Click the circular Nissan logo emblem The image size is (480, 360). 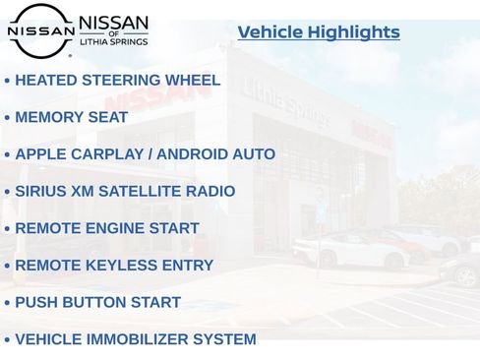click(x=40, y=30)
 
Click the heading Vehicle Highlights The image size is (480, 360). click(x=319, y=32)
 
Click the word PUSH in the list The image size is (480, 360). click(x=36, y=302)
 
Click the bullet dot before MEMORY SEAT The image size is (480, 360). click(x=8, y=118)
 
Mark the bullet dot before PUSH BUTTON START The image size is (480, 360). click(x=8, y=303)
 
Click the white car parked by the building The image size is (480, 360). click(x=351, y=251)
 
